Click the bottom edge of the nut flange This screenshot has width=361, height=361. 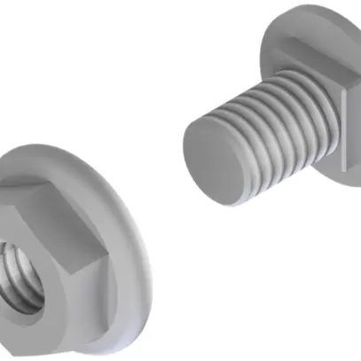click(x=89, y=348)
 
